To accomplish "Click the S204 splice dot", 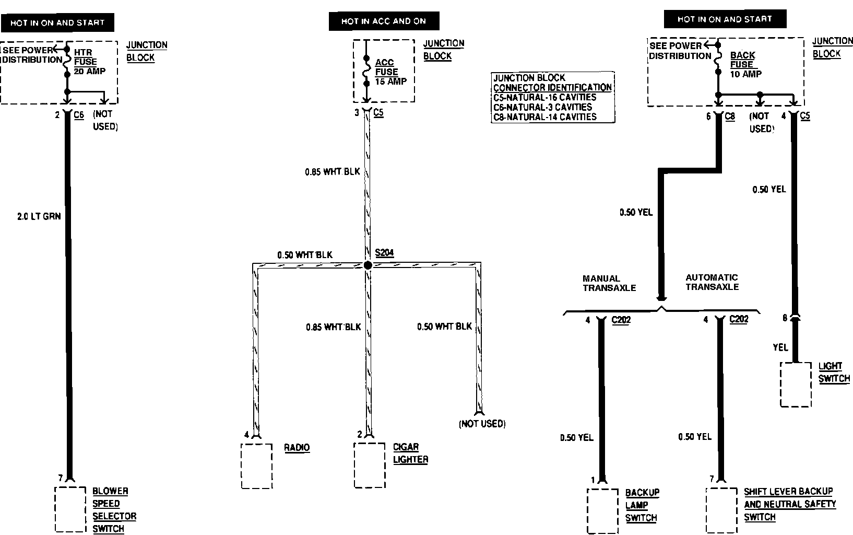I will [368, 265].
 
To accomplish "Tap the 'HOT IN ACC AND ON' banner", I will [384, 21].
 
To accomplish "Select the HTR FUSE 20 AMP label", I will [86, 62].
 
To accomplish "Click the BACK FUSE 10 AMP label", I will [743, 64].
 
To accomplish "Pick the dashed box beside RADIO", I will [256, 466].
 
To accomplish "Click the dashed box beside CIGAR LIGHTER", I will [370, 465].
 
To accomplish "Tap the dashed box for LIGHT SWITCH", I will [796, 385].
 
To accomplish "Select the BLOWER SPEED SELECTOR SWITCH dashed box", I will [70, 509].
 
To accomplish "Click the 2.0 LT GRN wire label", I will [39, 216].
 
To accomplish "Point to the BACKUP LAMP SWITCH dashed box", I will [602, 511].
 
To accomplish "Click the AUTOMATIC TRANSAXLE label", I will [712, 282].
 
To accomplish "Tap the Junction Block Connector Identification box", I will [553, 97].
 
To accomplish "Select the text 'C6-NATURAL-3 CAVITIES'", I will [543, 107].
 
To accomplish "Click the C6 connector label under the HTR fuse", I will [79, 114].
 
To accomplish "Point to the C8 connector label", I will [730, 116].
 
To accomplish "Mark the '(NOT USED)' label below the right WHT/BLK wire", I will [482, 424].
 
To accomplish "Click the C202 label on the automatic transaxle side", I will [739, 319].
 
